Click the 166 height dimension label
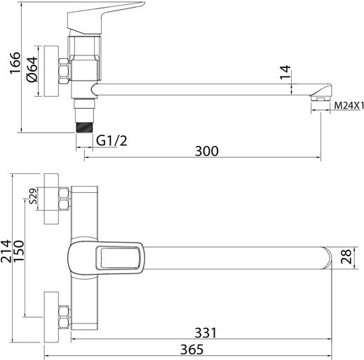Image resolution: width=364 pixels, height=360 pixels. point(15,62)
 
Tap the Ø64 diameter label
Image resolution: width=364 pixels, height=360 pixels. point(32,69)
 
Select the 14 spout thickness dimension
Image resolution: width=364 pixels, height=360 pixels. point(285,72)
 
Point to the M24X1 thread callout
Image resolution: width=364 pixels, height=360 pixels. point(349,106)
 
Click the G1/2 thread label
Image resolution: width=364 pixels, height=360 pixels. point(112,141)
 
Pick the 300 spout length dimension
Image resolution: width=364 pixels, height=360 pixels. point(207,151)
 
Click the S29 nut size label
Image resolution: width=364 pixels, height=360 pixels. point(34,196)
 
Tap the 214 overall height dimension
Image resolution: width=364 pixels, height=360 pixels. point(6,251)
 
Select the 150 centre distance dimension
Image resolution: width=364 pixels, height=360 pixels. point(19,251)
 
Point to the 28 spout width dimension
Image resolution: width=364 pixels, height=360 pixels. point(346,257)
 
